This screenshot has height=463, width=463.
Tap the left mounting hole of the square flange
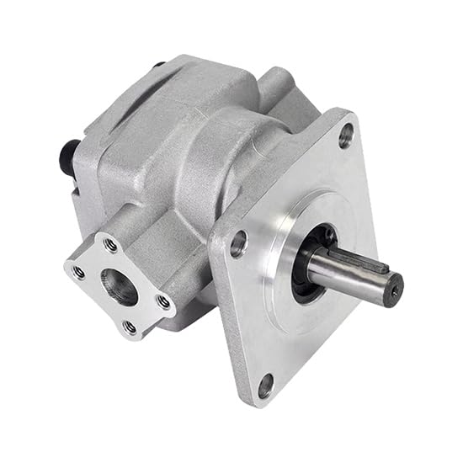coord(238,244)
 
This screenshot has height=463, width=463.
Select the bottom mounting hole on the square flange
coord(266,386)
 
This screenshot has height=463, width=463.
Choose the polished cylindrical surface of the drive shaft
coord(345,274)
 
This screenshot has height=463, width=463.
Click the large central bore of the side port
coord(120,286)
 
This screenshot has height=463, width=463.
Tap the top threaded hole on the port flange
coord(109,245)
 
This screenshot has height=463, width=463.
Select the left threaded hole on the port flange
coord(77,272)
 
